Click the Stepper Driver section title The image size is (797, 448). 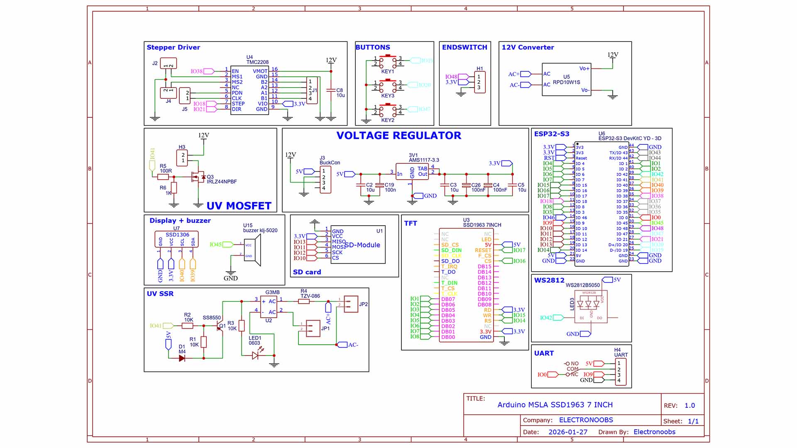click(173, 47)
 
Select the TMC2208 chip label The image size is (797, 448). click(257, 62)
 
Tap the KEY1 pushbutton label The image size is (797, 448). click(387, 71)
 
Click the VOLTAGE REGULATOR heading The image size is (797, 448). click(398, 136)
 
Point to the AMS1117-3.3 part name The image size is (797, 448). click(424, 160)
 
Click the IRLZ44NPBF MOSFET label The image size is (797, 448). click(222, 182)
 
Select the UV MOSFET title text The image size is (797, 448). click(239, 206)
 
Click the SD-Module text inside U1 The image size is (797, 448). click(362, 245)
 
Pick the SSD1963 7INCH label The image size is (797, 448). click(482, 225)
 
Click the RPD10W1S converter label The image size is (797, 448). click(566, 82)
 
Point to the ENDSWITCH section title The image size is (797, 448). click(465, 47)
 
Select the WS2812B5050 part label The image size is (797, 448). click(582, 285)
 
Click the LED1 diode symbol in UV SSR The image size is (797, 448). click(255, 355)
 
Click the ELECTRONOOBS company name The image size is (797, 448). click(586, 420)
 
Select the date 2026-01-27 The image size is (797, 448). click(568, 432)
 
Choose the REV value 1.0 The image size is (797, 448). click(689, 405)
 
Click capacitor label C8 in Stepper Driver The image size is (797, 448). click(340, 90)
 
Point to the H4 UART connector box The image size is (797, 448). click(621, 372)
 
